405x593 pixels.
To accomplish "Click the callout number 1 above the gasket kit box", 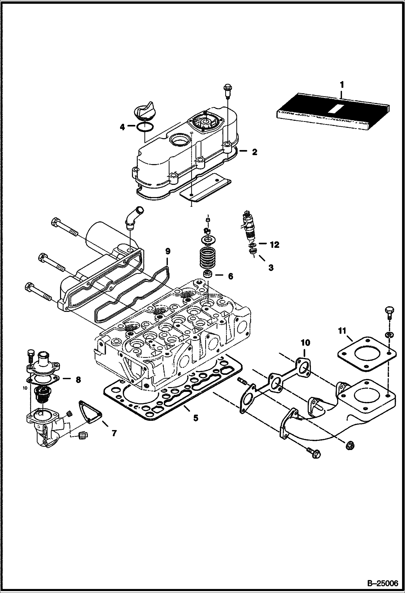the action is (342, 85).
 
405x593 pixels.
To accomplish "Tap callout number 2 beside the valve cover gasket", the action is (254, 152).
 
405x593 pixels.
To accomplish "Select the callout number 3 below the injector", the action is (271, 268).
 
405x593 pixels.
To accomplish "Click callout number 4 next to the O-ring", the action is (122, 127).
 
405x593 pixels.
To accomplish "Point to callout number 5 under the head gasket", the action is (195, 418).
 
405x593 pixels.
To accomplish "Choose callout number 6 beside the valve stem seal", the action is (230, 276).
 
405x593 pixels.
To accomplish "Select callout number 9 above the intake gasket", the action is (168, 251).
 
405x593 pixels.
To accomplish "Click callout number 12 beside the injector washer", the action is (274, 245).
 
